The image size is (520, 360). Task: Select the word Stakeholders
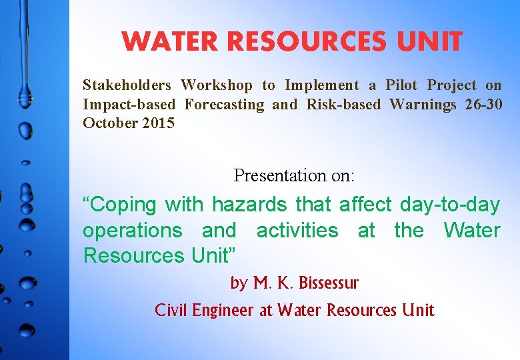[x=127, y=85]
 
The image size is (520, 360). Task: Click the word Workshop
[x=217, y=85]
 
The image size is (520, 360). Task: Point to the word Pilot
[x=401, y=85]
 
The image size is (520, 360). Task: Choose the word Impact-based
[x=129, y=105]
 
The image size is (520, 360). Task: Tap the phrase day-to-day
[x=450, y=205]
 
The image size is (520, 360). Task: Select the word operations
[x=132, y=231]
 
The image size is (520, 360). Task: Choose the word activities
[x=297, y=231]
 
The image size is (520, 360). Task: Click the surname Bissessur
[x=328, y=283]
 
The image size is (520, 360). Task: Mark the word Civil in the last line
[x=170, y=310]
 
